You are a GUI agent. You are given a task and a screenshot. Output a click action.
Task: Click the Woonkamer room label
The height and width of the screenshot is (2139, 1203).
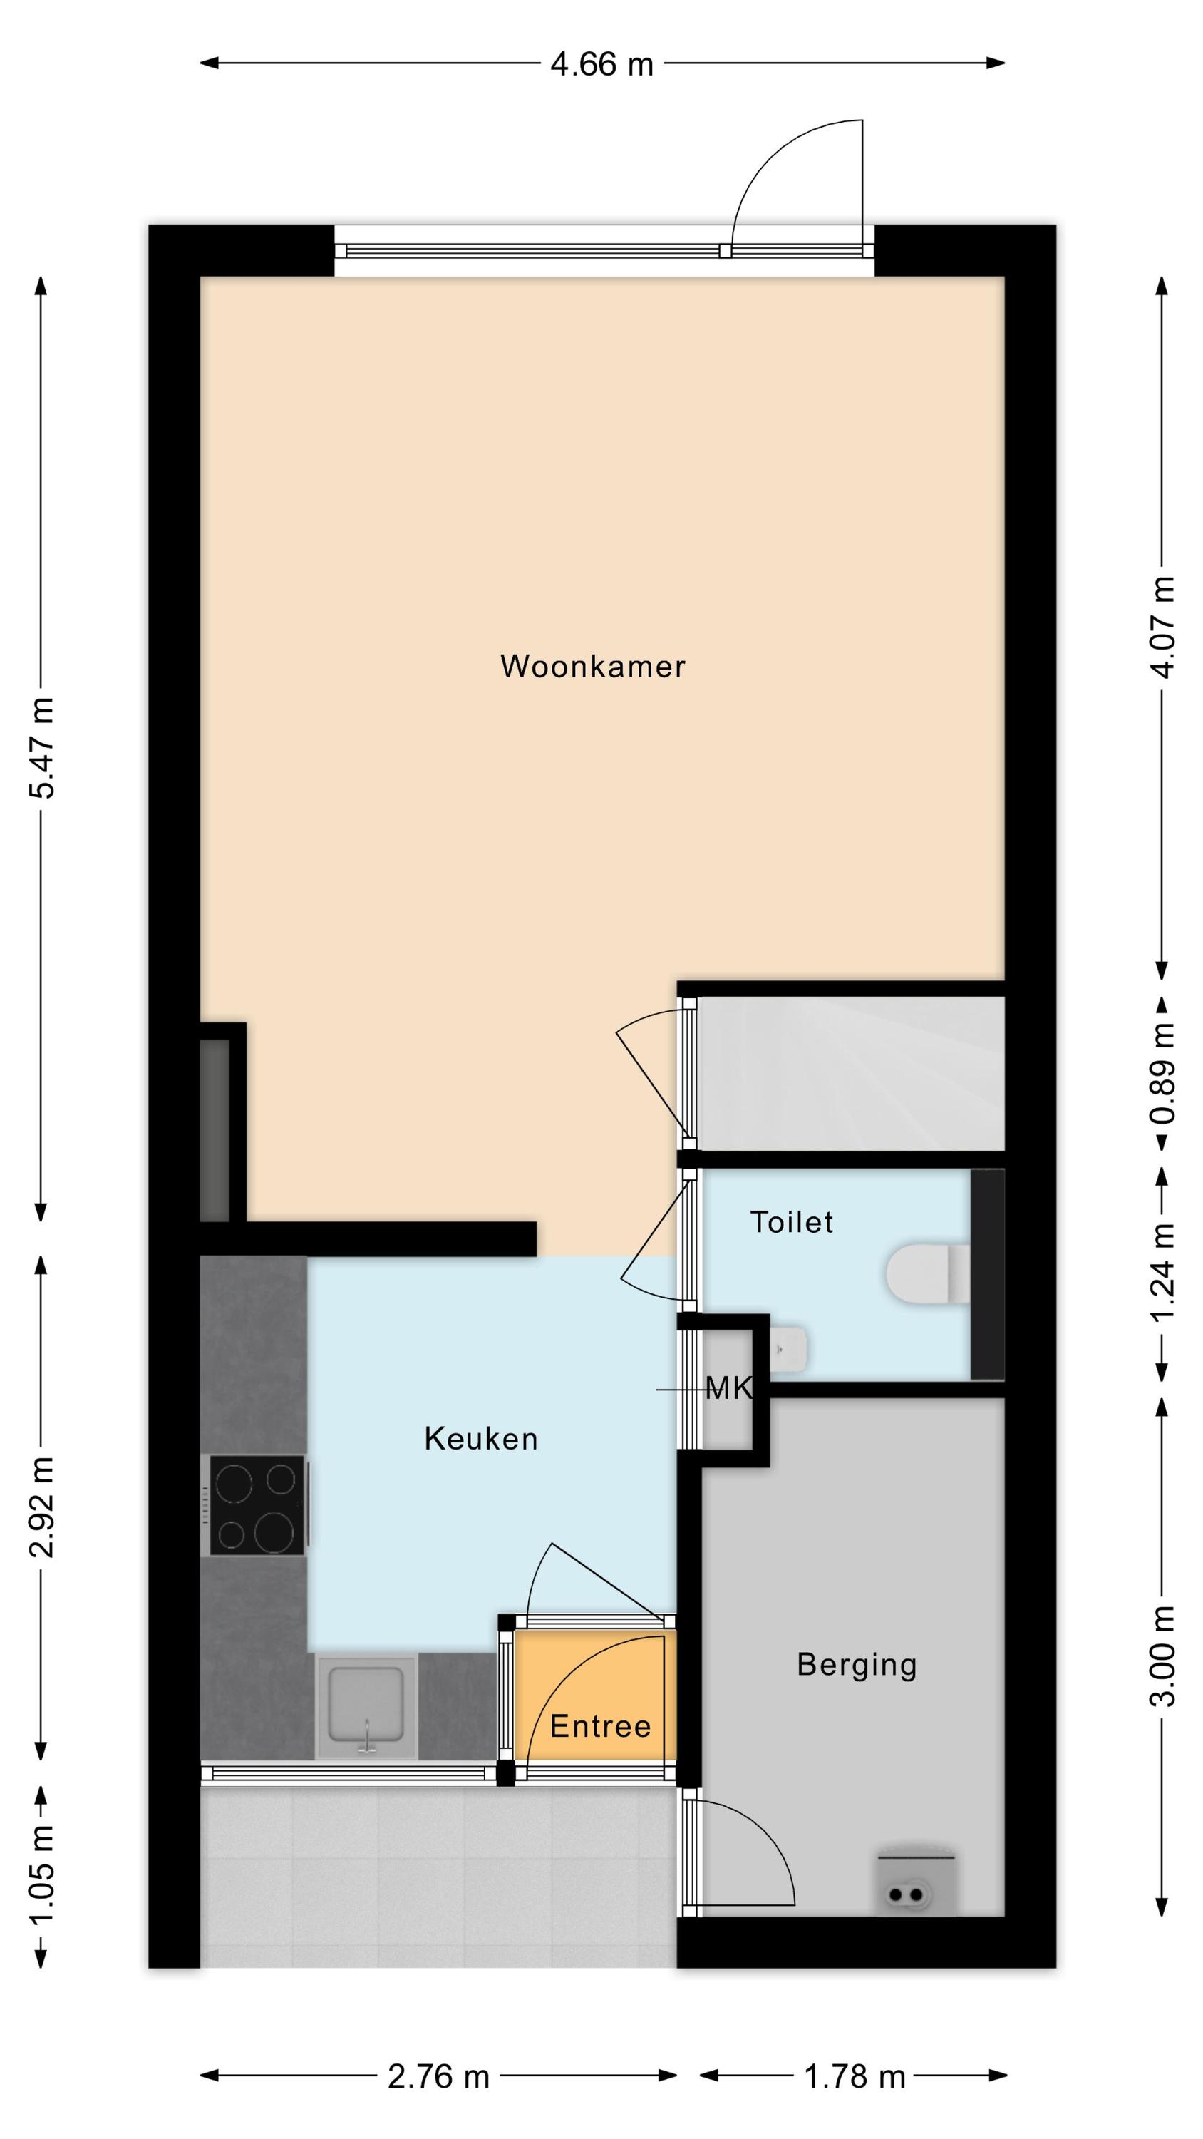coord(592,666)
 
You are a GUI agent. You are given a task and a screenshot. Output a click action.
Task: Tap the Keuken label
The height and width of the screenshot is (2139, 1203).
coord(481,1439)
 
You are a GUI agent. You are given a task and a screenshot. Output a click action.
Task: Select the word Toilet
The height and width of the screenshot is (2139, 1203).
coord(791,1222)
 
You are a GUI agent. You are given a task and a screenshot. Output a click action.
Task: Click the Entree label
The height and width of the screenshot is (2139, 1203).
coord(600,1726)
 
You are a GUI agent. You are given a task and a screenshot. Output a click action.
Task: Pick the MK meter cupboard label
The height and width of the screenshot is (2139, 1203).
coord(729,1388)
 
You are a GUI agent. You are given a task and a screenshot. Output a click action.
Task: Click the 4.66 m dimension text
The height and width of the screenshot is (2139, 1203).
coord(602,64)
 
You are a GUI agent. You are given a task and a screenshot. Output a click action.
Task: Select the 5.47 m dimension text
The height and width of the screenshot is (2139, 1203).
coord(41,747)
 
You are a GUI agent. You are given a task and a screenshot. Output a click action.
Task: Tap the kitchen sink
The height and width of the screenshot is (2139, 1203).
coord(366,1705)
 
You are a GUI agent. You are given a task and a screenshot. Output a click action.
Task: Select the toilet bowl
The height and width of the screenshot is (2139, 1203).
coord(928,1272)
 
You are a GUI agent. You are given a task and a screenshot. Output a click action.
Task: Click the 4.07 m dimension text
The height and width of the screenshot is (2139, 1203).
coord(1162,627)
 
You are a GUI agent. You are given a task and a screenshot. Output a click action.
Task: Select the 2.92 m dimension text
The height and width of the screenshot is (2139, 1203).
coord(41,1507)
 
